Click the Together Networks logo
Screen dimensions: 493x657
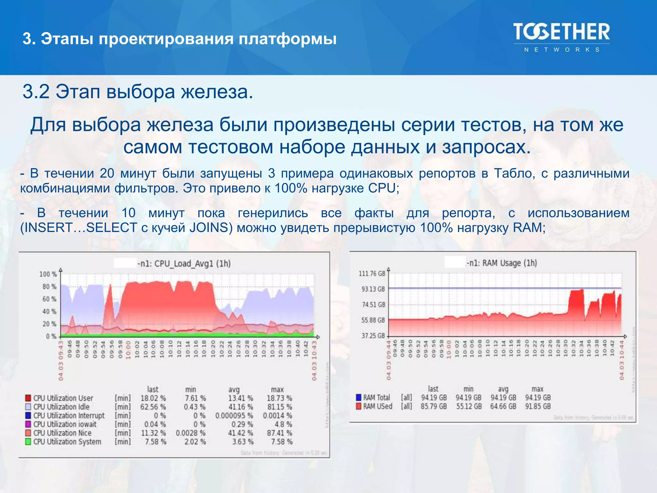[x=561, y=37]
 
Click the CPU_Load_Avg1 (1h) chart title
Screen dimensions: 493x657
[x=184, y=264]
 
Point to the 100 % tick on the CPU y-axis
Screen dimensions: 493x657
[x=48, y=274]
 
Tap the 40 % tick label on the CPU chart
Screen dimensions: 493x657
[x=49, y=311]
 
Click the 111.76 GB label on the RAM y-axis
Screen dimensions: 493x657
[x=371, y=273]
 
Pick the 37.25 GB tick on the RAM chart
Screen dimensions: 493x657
[x=373, y=336]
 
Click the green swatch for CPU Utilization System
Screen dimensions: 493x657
[x=28, y=442]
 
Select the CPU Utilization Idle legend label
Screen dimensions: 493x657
[x=61, y=407]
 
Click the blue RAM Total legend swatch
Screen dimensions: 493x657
[x=359, y=397]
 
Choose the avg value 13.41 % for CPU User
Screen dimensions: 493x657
[x=241, y=398]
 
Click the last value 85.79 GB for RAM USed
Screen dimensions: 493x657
[x=434, y=406]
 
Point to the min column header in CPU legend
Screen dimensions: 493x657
[x=191, y=389]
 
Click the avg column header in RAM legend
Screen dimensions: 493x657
[x=503, y=389]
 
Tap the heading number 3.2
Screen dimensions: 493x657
[x=36, y=92]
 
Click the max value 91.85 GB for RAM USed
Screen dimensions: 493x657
[x=538, y=406]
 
